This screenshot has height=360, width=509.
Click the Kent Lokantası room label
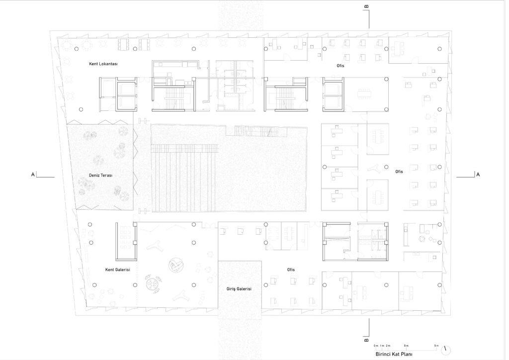(103, 64)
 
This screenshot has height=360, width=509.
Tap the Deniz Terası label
(100, 176)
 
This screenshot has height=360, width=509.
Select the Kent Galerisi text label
(117, 270)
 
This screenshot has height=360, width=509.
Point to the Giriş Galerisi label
(239, 289)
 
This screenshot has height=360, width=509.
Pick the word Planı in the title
(407, 354)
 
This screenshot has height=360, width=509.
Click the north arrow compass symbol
(446, 350)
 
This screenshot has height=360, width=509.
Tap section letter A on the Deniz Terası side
(33, 175)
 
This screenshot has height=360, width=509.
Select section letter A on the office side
(478, 175)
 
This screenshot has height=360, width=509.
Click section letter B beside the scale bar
(366, 340)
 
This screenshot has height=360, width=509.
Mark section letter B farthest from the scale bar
(366, 6)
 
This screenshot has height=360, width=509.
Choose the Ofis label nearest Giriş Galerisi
(291, 270)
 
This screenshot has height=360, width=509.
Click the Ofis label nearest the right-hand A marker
(399, 172)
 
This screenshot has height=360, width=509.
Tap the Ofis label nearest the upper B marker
(340, 66)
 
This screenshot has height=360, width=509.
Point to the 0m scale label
(376, 346)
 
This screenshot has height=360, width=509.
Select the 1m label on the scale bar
(382, 346)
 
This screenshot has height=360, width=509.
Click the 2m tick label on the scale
(388, 346)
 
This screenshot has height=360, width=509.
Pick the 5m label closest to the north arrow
(436, 346)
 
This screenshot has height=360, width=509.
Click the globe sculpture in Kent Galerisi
(175, 265)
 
